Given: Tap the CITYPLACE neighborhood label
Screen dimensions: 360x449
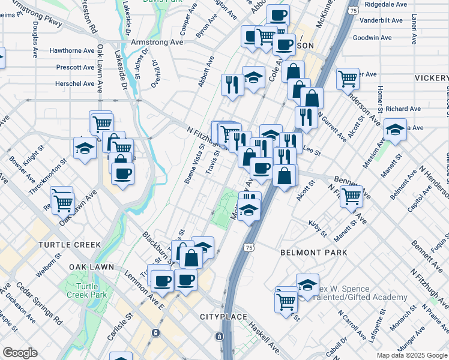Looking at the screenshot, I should click(x=223, y=316).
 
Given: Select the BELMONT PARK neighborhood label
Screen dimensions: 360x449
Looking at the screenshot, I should click(x=313, y=253).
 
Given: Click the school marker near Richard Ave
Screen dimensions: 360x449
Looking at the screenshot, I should click(x=395, y=130).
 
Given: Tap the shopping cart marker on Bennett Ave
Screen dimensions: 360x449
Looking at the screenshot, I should click(x=351, y=194).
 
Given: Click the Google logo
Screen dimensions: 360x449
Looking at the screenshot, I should click(x=20, y=353).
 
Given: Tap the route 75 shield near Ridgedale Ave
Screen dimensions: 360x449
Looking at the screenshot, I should click(x=354, y=11).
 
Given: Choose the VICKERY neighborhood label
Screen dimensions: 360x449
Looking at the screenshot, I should click(x=431, y=79).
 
